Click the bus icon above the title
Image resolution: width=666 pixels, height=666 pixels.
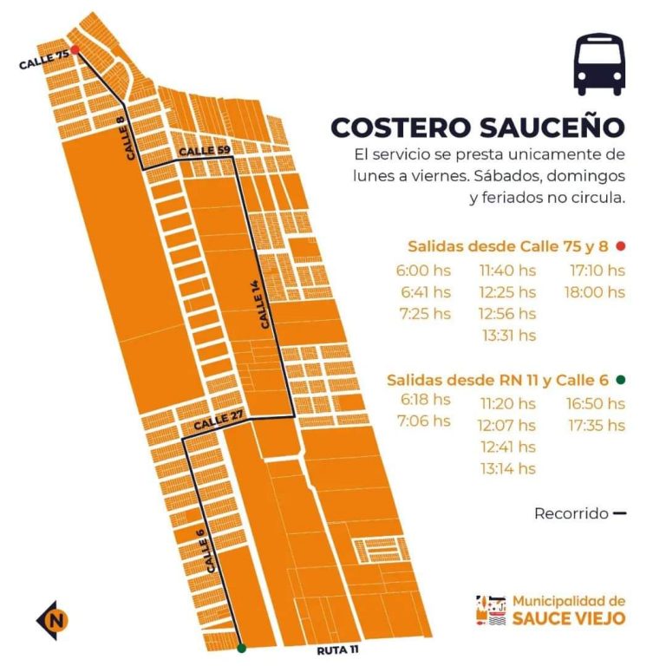tap(599, 64)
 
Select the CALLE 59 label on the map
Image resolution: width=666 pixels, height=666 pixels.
tap(205, 152)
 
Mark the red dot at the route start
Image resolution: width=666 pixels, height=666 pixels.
tap(75, 50)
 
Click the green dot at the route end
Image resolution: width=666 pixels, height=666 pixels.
tap(241, 647)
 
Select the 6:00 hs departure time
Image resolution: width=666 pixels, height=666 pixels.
tap(424, 271)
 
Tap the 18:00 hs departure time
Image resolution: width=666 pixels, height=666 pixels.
tap(594, 292)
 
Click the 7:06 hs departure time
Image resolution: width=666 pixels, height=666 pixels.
tap(424, 421)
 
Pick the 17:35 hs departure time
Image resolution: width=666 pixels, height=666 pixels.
tap(596, 425)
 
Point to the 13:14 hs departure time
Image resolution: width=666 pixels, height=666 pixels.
tap(508, 469)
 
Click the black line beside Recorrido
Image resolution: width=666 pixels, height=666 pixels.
tap(619, 513)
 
